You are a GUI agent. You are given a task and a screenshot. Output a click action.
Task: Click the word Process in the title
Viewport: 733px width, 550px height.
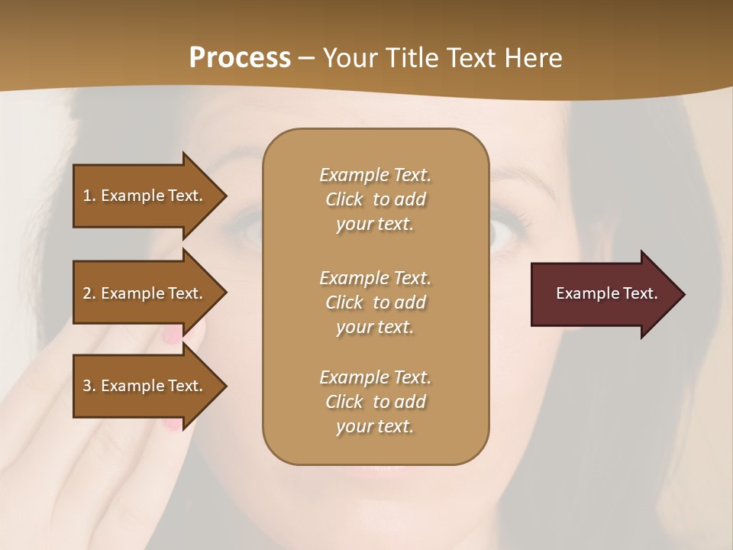click(x=240, y=58)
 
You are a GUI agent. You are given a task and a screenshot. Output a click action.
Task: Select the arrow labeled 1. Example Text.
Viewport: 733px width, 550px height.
click(x=145, y=196)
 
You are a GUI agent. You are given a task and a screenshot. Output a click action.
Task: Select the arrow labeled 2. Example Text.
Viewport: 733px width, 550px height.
click(x=145, y=293)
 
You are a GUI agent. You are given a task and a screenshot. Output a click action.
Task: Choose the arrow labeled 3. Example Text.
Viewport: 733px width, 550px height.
click(x=145, y=386)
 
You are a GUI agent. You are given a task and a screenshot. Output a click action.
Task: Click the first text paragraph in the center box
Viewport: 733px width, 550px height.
click(x=375, y=199)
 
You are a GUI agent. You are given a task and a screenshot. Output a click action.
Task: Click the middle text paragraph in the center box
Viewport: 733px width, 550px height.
click(x=375, y=302)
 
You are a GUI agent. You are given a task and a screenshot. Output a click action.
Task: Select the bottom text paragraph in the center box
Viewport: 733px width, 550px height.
click(x=375, y=402)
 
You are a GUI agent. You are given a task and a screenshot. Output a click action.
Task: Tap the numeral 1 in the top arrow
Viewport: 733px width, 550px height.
click(x=86, y=196)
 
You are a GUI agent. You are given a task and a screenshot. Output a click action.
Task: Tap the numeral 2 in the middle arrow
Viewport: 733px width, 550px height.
click(x=87, y=293)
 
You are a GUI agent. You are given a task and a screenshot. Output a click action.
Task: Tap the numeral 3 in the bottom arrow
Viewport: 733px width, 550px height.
click(x=87, y=386)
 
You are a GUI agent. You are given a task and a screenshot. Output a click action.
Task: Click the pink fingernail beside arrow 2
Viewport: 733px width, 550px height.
click(x=173, y=333)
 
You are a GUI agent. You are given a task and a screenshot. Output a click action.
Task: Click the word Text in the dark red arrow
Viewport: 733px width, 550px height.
click(x=640, y=293)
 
